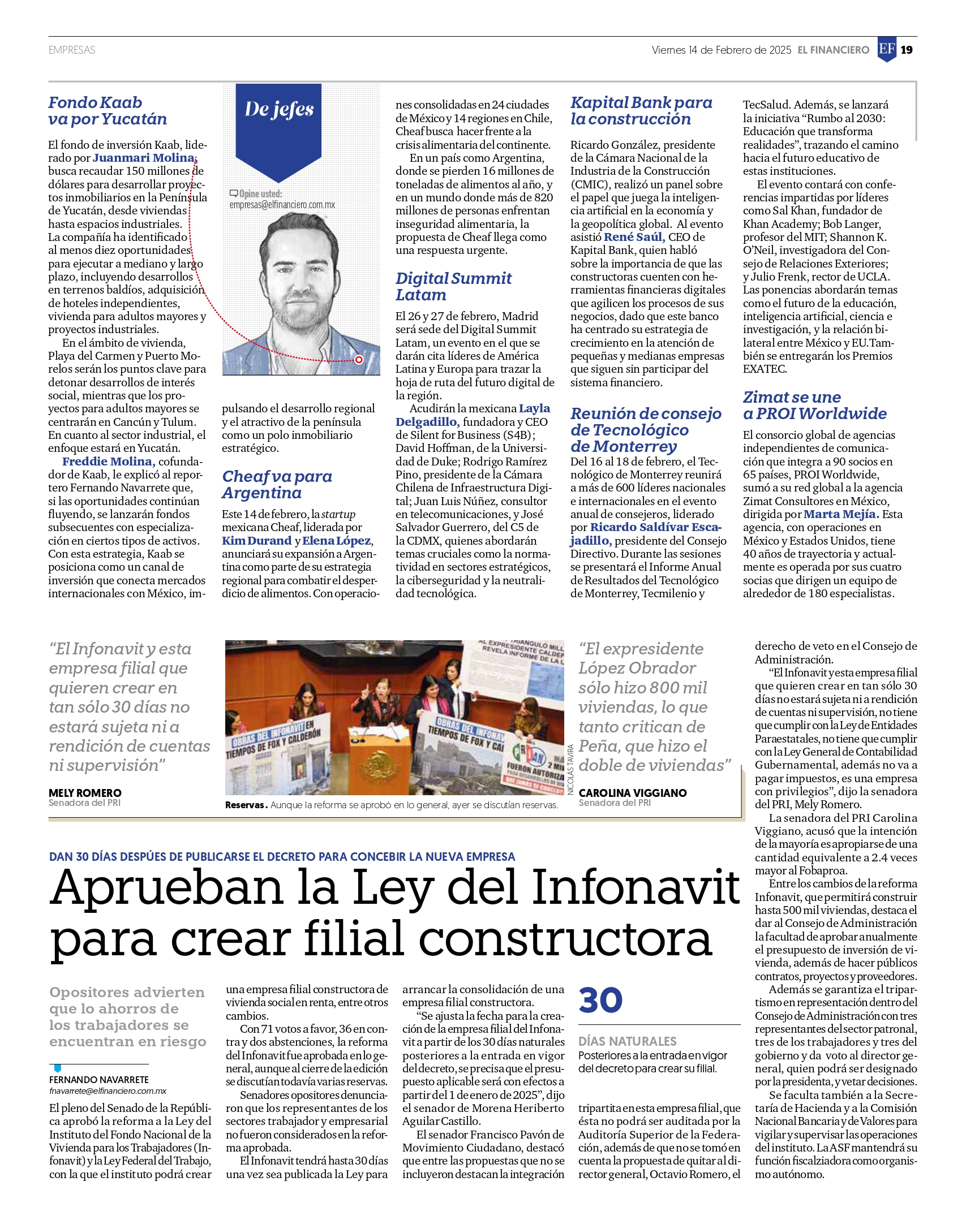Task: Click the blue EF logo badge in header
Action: [x=887, y=49]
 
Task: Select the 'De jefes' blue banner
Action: [x=279, y=122]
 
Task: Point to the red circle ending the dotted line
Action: [x=359, y=360]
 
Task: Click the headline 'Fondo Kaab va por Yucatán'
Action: [x=108, y=111]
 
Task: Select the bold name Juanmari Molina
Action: [x=144, y=158]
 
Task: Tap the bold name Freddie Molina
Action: [x=108, y=462]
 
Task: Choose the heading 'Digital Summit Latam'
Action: [x=453, y=287]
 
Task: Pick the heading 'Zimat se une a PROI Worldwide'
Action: [x=814, y=406]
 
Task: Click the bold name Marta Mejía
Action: [x=841, y=514]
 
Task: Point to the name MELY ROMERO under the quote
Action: [x=85, y=793]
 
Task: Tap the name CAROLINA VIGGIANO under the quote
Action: [x=632, y=793]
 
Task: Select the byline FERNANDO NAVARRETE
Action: [x=99, y=1080]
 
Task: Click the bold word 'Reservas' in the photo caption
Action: [x=246, y=805]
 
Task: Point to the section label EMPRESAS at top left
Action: [x=72, y=50]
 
